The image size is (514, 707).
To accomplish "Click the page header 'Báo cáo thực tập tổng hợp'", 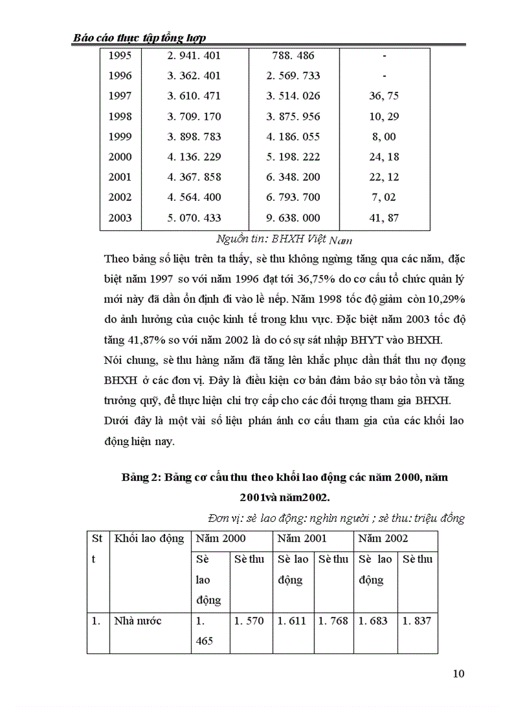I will tap(140, 38).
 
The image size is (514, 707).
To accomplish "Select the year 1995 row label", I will tap(120, 55).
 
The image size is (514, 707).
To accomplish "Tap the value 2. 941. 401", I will tap(194, 55).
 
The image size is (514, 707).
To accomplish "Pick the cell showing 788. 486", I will tap(293, 55).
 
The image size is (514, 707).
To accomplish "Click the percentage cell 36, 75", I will tap(384, 96).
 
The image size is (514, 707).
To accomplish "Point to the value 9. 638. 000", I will tap(293, 218).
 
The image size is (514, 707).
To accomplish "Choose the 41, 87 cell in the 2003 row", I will tap(384, 218).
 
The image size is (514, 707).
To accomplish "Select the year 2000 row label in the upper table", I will tap(120, 157).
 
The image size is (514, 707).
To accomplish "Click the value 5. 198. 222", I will tap(293, 157).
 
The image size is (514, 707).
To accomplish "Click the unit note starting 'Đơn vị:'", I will tap(335, 518).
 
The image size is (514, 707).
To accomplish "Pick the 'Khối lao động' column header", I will tap(149, 538).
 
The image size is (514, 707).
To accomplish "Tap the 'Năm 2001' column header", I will tap(299, 538).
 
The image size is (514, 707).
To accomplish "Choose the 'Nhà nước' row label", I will tap(137, 621).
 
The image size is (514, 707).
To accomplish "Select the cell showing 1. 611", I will tap(292, 621).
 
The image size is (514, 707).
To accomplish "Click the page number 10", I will tap(459, 674).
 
